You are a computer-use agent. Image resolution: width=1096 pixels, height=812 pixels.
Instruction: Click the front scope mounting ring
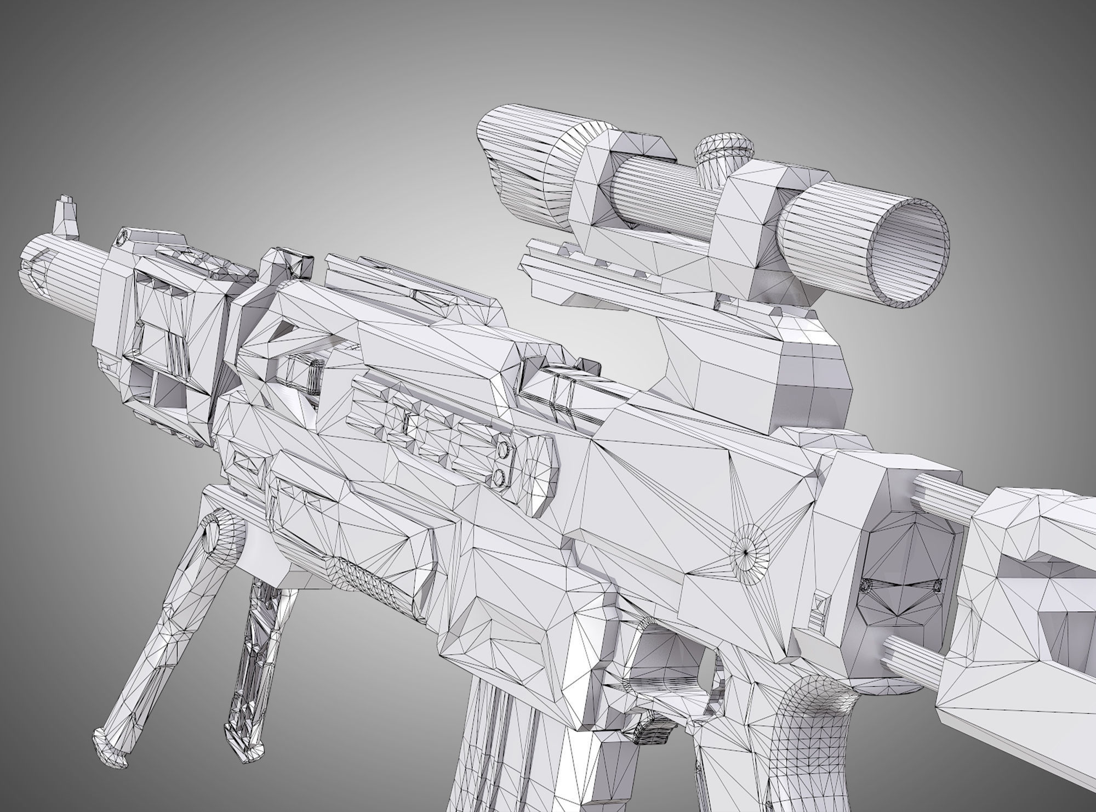(619, 181)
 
